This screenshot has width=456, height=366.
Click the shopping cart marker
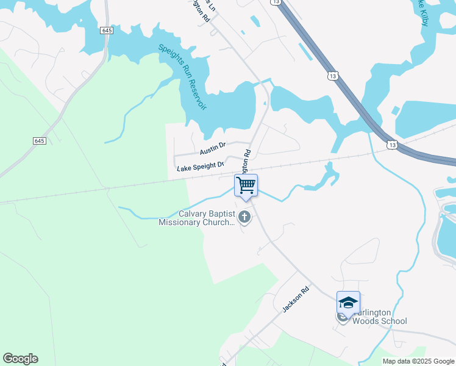tap(246, 185)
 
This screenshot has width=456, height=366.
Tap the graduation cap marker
tap(348, 303)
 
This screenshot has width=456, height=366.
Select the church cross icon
tap(244, 217)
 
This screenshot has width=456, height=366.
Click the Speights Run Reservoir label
tap(181, 76)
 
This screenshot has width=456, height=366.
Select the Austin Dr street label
tap(213, 146)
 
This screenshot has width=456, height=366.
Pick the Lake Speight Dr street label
tap(201, 166)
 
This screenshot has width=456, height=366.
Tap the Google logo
tap(20, 359)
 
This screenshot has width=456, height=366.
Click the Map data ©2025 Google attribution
tap(419, 361)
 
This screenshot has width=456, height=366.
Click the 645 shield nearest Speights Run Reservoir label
tap(106, 30)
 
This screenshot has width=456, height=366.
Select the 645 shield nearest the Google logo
tap(39, 141)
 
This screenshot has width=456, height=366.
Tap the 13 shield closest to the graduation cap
tap(391, 145)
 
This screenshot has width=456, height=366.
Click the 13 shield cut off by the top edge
tap(277, 2)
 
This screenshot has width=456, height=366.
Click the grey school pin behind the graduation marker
tap(343, 317)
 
